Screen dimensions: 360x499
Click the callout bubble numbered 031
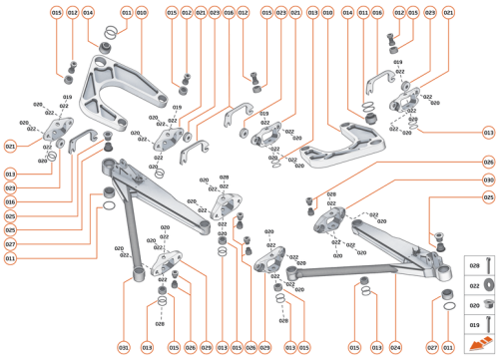coord(124,347)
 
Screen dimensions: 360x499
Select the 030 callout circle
coord(489,180)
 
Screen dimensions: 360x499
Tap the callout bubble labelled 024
coord(395,347)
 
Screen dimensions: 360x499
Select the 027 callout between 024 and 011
coord(432,347)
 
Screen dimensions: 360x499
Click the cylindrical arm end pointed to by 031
coord(132,271)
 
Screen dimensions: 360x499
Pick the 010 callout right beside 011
coord(141,12)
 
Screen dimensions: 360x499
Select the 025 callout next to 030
coord(489,197)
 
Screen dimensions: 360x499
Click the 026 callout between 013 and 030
coord(489,162)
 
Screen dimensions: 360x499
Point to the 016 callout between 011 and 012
coord(377,12)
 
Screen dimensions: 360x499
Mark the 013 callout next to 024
coord(376,347)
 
